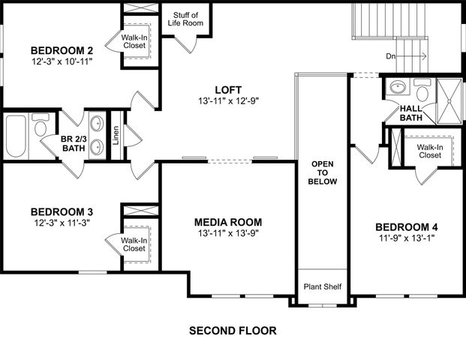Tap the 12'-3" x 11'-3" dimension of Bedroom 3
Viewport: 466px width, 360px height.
(x=62, y=222)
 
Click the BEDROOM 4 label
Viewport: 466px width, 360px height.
(x=407, y=227)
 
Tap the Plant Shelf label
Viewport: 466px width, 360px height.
(x=322, y=286)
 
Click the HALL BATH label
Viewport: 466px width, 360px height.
(x=410, y=112)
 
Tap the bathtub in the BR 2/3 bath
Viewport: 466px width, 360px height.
(x=16, y=136)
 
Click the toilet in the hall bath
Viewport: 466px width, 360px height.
(x=423, y=94)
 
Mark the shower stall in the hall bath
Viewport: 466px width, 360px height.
(x=450, y=94)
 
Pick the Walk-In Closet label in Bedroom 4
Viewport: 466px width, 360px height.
(x=429, y=151)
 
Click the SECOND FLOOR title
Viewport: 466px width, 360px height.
(x=233, y=330)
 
